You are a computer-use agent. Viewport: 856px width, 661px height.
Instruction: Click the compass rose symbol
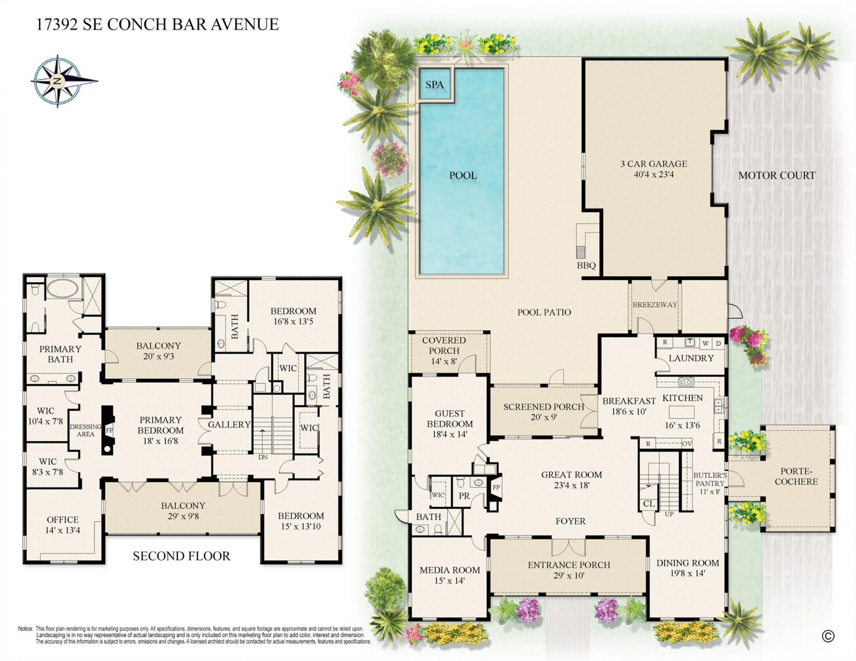[x=58, y=81]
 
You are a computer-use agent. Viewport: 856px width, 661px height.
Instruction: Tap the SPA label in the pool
[x=434, y=85]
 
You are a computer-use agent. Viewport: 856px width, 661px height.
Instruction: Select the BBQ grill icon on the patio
[x=580, y=252]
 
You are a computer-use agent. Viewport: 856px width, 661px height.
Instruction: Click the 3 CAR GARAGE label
[x=654, y=164]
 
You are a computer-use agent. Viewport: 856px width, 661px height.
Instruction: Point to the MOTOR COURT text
[x=777, y=176]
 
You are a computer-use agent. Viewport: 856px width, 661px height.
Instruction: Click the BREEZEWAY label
[x=654, y=305]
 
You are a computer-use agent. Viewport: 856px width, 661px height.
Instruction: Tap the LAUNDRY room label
[x=691, y=358]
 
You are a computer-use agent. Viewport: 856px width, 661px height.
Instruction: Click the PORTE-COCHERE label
[x=796, y=476]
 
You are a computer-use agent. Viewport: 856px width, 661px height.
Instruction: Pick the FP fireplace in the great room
[x=496, y=488]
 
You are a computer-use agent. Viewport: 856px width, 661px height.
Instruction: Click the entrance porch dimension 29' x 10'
[x=568, y=576]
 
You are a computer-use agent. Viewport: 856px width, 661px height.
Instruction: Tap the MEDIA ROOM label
[x=449, y=570]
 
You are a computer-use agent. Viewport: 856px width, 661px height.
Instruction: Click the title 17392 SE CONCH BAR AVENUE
[x=157, y=24]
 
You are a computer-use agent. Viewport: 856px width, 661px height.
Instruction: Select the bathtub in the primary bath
[x=62, y=288]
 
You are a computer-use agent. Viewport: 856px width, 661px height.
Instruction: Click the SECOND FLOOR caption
[x=181, y=556]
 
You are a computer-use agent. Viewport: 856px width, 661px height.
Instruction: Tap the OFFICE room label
[x=63, y=520]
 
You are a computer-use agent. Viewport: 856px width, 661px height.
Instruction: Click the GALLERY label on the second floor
[x=229, y=425]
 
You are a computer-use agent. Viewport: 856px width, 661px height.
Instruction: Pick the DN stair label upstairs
[x=263, y=457]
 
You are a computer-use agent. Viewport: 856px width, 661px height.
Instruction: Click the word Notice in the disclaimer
[x=25, y=629]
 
